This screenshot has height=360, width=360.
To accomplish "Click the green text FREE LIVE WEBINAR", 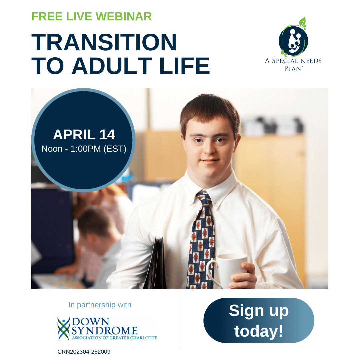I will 92,16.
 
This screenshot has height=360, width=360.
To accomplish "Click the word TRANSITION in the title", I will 104,43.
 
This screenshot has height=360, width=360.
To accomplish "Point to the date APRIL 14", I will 84,135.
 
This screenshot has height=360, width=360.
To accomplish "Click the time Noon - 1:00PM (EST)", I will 84,149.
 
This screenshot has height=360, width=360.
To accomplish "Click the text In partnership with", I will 100,305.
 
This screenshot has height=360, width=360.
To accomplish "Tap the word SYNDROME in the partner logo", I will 105,331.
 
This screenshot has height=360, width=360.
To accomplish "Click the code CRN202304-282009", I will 84,352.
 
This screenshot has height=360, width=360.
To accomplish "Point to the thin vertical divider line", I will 180,320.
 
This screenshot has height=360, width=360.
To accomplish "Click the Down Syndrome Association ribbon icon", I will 63,328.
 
